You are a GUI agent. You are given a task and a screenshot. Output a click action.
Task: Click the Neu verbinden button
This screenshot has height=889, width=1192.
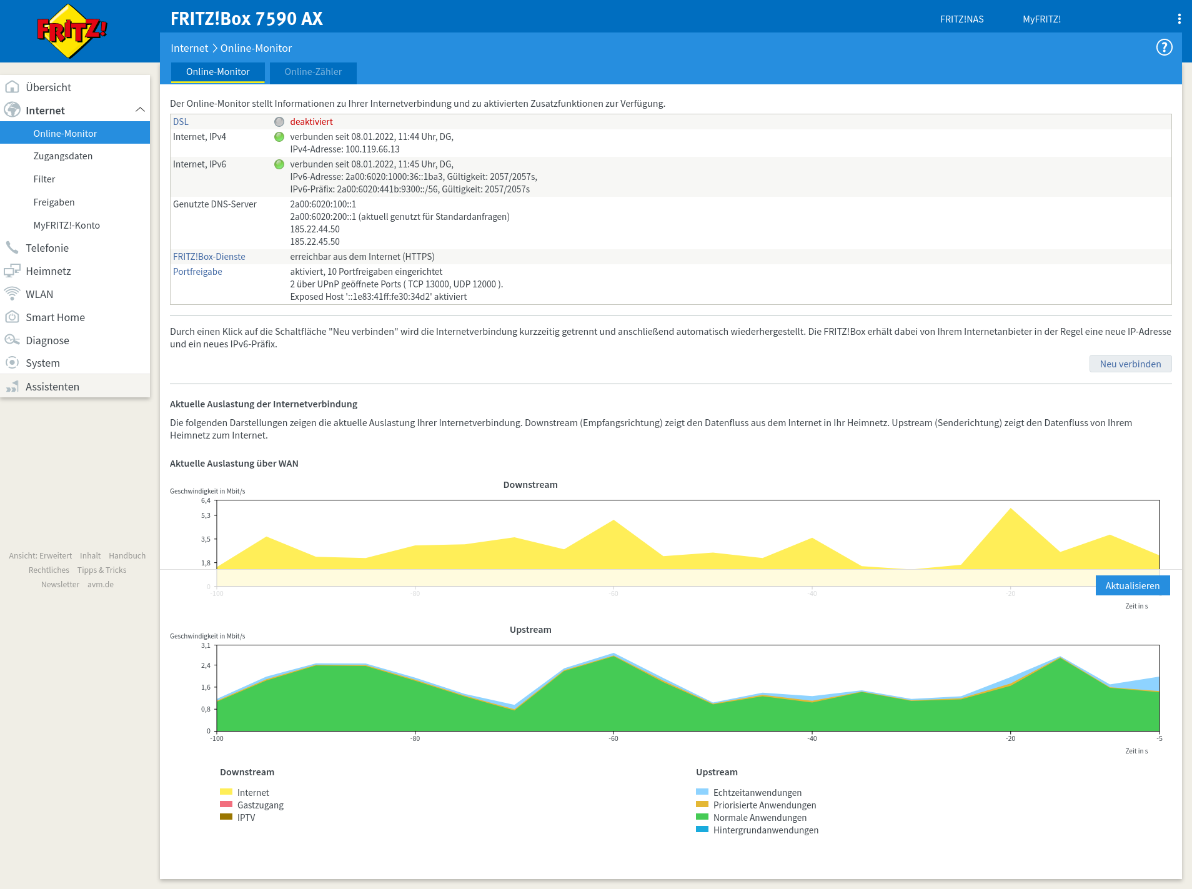(x=1130, y=364)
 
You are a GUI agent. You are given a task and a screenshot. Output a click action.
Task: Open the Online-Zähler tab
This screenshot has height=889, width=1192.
(x=313, y=72)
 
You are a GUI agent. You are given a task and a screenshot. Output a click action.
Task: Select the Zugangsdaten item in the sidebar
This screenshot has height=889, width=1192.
(x=63, y=156)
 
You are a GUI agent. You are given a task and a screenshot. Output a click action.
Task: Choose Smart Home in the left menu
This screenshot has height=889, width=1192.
(x=55, y=317)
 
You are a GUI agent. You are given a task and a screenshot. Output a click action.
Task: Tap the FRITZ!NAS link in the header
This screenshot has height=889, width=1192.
(x=961, y=19)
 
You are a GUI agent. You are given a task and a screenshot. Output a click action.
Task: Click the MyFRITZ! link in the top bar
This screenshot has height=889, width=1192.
(x=1041, y=19)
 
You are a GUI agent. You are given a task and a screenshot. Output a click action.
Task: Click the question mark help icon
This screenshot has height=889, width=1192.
(x=1164, y=47)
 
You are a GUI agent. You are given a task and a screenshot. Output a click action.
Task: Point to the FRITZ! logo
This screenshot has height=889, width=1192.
(x=72, y=31)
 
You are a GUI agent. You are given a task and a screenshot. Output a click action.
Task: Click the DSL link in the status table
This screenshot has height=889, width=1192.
(x=181, y=122)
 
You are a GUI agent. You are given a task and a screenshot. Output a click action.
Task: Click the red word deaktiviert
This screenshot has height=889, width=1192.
(x=311, y=122)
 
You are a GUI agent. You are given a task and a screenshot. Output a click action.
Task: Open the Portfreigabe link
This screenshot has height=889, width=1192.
(x=197, y=272)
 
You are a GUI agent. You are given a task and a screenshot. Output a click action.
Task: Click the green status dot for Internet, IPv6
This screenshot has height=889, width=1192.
(x=279, y=164)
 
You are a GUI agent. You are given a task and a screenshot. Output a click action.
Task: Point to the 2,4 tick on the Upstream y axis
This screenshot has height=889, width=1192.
(x=206, y=665)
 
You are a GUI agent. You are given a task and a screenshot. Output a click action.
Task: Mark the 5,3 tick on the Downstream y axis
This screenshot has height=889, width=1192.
(x=206, y=515)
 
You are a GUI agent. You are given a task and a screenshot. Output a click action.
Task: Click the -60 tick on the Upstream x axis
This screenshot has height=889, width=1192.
(x=613, y=738)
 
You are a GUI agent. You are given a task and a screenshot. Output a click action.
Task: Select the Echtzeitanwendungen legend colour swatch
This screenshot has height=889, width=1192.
(x=702, y=792)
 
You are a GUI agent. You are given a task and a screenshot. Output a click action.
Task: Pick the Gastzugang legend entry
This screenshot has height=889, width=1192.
(x=252, y=805)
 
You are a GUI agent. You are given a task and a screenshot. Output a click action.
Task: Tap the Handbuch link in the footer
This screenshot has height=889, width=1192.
(x=127, y=556)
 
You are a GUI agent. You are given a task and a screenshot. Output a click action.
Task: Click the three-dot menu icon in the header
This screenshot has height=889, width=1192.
(x=1179, y=19)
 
